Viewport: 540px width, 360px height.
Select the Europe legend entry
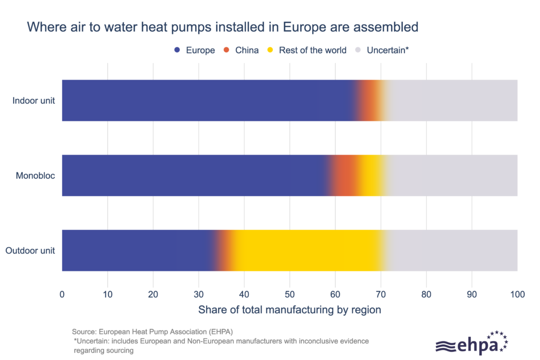(x=195, y=50)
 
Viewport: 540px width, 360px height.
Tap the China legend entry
(x=241, y=50)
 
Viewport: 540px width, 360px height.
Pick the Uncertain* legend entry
(x=383, y=50)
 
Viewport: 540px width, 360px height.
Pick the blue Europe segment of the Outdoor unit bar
(x=137, y=250)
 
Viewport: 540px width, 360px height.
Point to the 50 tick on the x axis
(x=290, y=294)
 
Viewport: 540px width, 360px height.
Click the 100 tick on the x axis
(x=517, y=294)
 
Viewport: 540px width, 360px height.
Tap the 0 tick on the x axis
(x=62, y=294)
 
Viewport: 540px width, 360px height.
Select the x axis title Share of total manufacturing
(x=290, y=310)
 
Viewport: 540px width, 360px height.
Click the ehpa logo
(x=471, y=343)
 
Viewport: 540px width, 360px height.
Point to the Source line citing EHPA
(x=152, y=332)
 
